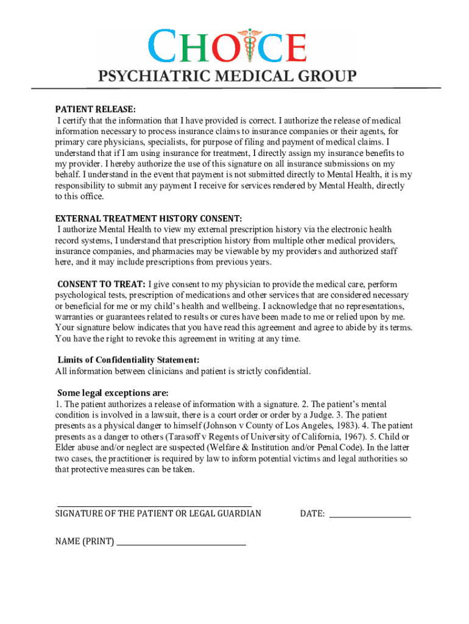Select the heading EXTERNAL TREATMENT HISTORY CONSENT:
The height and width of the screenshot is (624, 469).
click(x=149, y=218)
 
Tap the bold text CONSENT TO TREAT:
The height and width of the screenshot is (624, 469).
click(x=101, y=284)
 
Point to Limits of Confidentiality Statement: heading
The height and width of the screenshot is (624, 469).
click(x=128, y=360)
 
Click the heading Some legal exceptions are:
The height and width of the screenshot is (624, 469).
click(x=112, y=392)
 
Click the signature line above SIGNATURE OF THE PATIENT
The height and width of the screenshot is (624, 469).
click(x=154, y=506)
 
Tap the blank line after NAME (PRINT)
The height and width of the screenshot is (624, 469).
click(x=181, y=544)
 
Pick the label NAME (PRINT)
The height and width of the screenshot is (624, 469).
click(x=84, y=541)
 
